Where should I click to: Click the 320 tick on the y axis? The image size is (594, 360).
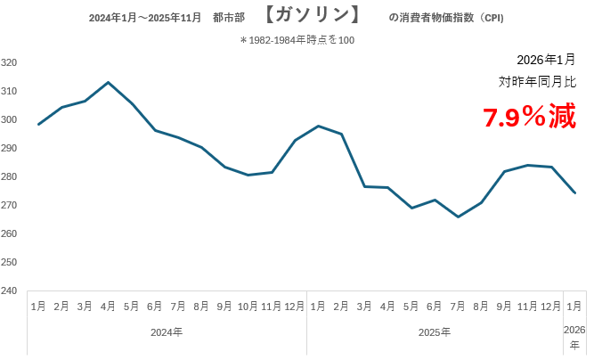11,62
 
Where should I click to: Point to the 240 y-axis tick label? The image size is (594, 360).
11,290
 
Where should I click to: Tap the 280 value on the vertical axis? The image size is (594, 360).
11,176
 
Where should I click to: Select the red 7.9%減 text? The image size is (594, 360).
529,118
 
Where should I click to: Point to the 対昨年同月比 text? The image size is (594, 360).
537,82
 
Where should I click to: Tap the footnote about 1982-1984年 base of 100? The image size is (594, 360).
297,40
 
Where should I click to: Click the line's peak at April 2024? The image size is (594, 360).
108,82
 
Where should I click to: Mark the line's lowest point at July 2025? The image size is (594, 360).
458,217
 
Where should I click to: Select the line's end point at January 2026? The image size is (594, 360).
574,192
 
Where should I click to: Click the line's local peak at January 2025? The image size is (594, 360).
318,126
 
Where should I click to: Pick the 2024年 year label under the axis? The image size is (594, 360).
167,332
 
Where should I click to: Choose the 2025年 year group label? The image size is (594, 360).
435,332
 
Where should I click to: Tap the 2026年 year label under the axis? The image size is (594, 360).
575,336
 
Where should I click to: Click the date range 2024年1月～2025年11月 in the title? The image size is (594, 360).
145,18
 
